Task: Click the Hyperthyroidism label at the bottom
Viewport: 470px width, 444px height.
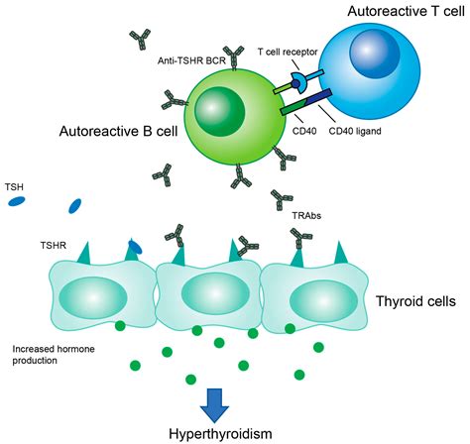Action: pyautogui.click(x=236, y=432)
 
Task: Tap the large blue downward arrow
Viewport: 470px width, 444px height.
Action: pyautogui.click(x=236, y=400)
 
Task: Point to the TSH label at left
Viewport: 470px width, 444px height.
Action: pyautogui.click(x=15, y=185)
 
